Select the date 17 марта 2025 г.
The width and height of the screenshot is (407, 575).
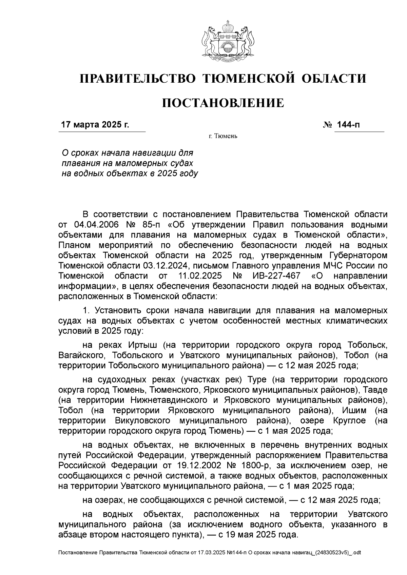(x=95, y=125)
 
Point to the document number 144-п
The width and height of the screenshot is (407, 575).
(x=348, y=125)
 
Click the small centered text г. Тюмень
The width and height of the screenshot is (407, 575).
(x=223, y=136)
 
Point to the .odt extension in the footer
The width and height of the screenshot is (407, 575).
(x=356, y=553)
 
